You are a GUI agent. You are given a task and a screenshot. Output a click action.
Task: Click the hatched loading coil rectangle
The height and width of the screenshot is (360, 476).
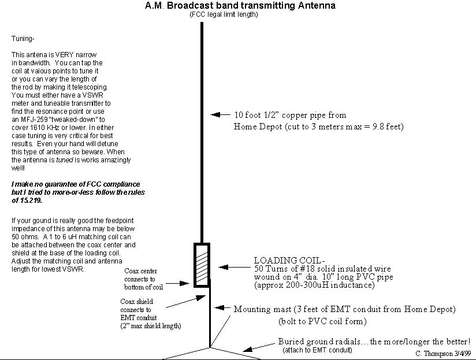pyautogui.click(x=202, y=265)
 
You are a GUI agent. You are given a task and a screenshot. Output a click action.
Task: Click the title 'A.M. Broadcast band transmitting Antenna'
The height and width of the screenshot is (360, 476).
pyautogui.click(x=240, y=6)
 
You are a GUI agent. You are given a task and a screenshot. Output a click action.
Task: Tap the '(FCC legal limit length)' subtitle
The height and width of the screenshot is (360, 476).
pyautogui.click(x=224, y=14)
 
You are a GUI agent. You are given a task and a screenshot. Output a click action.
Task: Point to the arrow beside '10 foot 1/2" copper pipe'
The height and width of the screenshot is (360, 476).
pyautogui.click(x=219, y=115)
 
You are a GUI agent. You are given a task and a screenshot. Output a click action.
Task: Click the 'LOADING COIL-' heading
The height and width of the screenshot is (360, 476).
pyautogui.click(x=282, y=259)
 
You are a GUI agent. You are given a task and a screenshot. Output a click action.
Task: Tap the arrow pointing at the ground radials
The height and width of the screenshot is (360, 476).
pyautogui.click(x=252, y=347)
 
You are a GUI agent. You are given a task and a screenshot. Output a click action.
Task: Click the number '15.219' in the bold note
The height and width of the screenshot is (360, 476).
pyautogui.click(x=26, y=201)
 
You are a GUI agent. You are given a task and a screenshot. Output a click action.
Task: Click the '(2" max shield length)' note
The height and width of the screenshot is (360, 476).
pyautogui.click(x=150, y=326)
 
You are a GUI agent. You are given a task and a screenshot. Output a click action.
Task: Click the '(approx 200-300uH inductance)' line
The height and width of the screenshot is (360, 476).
pyautogui.click(x=314, y=285)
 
